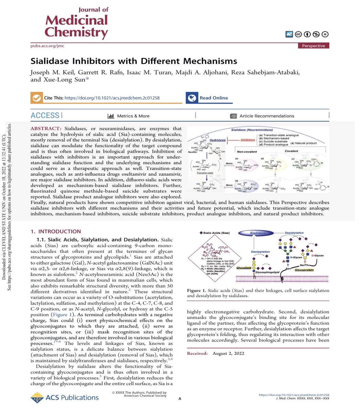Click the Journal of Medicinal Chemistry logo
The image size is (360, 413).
click(x=76, y=23)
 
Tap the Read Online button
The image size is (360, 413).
click(x=213, y=98)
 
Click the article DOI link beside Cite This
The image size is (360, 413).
click(x=112, y=98)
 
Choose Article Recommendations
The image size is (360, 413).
click(x=266, y=116)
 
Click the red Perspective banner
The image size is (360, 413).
click(x=314, y=46)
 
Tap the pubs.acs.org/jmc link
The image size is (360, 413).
click(x=47, y=46)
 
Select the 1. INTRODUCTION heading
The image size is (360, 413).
click(x=55, y=232)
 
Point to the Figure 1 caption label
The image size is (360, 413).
click(x=197, y=290)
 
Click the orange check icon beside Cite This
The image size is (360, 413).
click(x=36, y=98)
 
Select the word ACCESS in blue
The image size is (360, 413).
click(x=45, y=116)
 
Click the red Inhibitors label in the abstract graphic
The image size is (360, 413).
click(x=248, y=140)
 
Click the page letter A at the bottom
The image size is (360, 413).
click(x=180, y=399)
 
